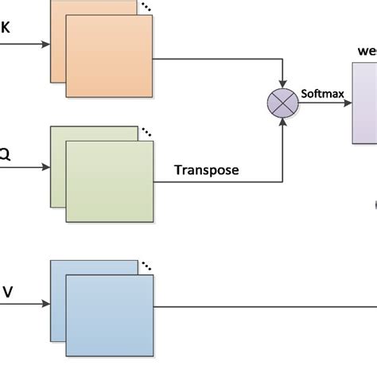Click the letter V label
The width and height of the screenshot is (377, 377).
pos(7,292)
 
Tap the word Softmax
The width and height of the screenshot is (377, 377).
pos(322,94)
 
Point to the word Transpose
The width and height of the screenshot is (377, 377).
pos(206,169)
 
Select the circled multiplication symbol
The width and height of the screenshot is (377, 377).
pos(282,104)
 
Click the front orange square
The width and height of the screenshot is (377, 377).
pos(110,58)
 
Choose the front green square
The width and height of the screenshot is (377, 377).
pos(110,181)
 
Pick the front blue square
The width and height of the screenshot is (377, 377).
pos(110,315)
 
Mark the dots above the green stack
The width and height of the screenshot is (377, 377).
pos(146,132)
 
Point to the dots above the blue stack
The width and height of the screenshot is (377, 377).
pos(146,266)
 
